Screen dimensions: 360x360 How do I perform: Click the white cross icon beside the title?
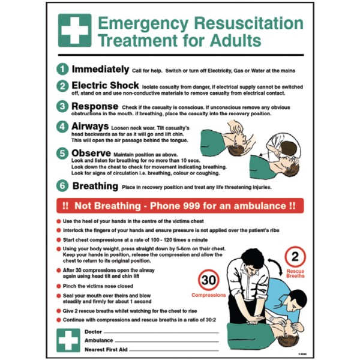[74, 31]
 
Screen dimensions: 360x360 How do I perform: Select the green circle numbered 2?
[63, 86]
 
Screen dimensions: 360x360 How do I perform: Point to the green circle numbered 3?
[63, 107]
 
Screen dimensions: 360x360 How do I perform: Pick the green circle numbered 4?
[63, 127]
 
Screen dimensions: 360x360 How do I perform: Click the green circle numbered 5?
[63, 154]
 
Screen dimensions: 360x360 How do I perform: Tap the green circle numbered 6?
[63, 186]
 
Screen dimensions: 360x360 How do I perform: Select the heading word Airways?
[90, 127]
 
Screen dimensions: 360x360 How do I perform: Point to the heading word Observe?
[91, 153]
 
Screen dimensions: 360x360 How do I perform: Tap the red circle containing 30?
[208, 281]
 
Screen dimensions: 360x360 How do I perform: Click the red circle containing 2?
[295, 257]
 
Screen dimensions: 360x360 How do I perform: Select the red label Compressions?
[208, 295]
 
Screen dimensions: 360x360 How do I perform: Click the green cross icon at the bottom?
[68, 340]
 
